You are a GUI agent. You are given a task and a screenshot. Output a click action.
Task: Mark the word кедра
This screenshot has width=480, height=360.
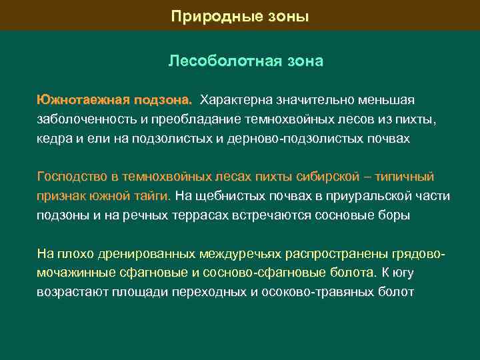tap(55, 139)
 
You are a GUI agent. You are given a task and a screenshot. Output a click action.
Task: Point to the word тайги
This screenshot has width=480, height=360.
tap(153, 197)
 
